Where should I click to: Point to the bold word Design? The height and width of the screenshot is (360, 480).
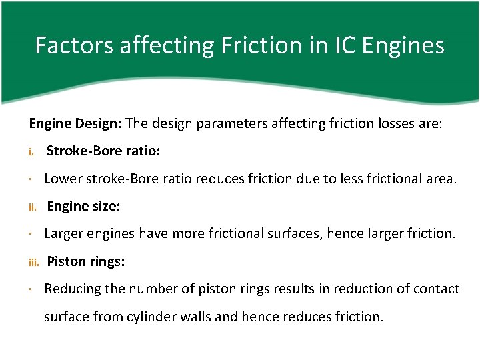(100, 123)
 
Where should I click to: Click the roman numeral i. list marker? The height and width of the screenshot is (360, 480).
(31, 152)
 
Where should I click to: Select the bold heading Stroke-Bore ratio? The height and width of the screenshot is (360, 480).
(103, 151)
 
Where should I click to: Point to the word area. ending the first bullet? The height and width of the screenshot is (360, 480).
(440, 178)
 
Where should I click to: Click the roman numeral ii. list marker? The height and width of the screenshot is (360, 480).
(32, 207)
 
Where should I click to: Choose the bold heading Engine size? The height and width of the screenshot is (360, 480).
(83, 206)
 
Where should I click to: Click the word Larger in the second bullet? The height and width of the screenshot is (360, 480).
(62, 233)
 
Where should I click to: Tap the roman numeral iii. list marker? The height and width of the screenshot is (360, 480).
(34, 262)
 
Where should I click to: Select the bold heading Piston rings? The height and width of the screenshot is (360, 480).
(85, 261)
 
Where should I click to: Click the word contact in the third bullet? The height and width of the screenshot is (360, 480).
(437, 289)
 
